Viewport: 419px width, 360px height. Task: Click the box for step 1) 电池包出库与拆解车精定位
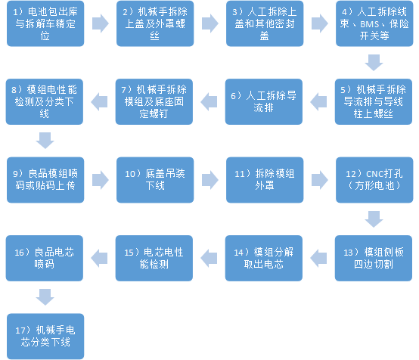click(45, 23)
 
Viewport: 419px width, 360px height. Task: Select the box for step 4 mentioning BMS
click(374, 23)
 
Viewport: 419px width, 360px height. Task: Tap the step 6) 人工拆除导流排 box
click(264, 101)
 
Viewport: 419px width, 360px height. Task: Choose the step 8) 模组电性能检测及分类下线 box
click(45, 101)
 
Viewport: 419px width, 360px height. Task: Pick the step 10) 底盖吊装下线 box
click(155, 180)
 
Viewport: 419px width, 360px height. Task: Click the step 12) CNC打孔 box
click(374, 180)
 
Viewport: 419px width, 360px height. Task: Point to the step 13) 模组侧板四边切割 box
click(374, 258)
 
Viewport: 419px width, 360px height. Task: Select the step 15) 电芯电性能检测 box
click(154, 258)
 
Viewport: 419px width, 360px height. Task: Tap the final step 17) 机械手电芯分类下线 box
click(45, 337)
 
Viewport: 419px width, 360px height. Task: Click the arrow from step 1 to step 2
click(101, 23)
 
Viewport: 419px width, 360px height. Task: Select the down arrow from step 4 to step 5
click(374, 63)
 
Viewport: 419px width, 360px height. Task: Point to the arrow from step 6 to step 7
click(209, 101)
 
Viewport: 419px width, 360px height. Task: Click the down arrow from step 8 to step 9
click(45, 141)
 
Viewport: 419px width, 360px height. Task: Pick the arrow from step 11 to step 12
click(320, 180)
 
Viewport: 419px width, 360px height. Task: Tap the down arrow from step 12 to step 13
click(374, 219)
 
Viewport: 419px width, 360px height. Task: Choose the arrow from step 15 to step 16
click(99, 258)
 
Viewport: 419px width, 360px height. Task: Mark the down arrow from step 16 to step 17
click(45, 297)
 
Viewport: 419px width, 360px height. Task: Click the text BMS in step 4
click(370, 24)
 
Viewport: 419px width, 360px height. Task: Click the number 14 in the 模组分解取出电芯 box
click(238, 253)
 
